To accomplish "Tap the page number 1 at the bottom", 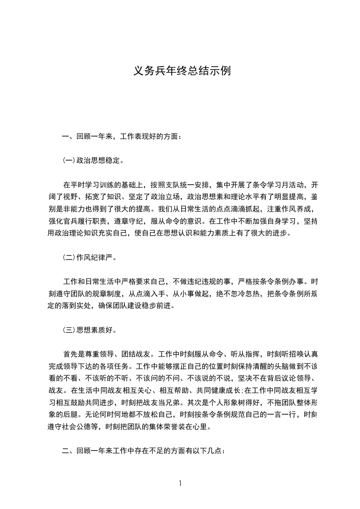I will [180, 483].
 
